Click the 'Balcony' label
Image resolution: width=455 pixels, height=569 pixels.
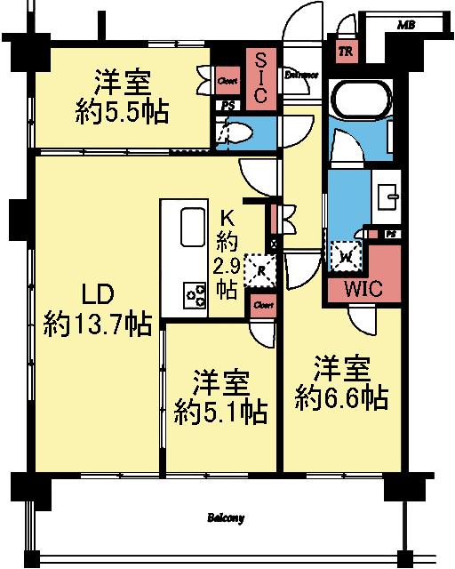tap(227, 517)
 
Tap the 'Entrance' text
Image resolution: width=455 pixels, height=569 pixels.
tap(301, 75)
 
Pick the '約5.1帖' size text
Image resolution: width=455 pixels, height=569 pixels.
tap(221, 410)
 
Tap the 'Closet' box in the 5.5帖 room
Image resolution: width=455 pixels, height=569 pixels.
tap(227, 81)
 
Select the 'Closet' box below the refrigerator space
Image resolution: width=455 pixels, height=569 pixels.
tap(262, 307)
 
